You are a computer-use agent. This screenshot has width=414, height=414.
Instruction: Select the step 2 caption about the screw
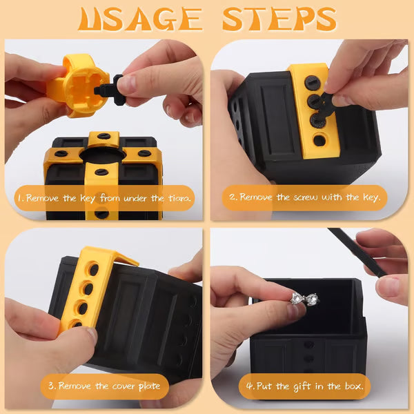coord(307,197)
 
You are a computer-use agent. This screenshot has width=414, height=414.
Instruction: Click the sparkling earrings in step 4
coord(304,299)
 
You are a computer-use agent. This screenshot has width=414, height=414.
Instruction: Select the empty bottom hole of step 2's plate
coord(318,141)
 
